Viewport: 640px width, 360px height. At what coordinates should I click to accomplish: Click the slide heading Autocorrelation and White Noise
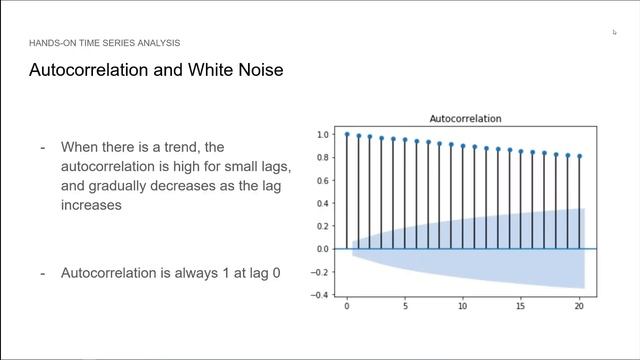[x=156, y=71]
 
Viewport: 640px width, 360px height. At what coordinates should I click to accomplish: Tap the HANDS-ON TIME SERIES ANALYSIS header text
[x=104, y=43]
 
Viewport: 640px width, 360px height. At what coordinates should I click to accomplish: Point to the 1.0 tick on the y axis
[x=323, y=134]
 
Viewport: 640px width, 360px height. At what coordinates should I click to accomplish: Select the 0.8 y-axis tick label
[x=323, y=157]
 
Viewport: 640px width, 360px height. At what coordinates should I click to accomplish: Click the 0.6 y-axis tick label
[x=323, y=180]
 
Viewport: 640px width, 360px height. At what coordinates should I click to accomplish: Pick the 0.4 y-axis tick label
[x=323, y=203]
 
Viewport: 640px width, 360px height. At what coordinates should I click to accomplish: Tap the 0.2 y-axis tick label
[x=323, y=226]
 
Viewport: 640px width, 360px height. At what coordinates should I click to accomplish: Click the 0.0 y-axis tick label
[x=323, y=249]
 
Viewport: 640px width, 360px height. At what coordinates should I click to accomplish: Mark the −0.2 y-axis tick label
[x=321, y=272]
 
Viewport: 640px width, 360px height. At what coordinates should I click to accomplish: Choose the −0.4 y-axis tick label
[x=321, y=295]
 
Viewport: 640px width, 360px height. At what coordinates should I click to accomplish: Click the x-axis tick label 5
[x=405, y=307]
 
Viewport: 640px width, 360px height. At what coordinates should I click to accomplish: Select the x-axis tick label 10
[x=463, y=307]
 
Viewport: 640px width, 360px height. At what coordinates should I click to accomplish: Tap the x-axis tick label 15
[x=521, y=307]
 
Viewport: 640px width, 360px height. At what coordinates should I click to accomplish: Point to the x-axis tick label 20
[x=579, y=307]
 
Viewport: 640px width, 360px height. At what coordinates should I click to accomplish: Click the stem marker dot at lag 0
[x=347, y=134]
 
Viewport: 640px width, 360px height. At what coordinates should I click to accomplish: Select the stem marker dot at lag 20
[x=579, y=156]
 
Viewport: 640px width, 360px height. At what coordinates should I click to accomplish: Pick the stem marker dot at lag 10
[x=463, y=146]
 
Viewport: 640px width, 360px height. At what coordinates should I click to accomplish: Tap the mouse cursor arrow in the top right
[x=615, y=32]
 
